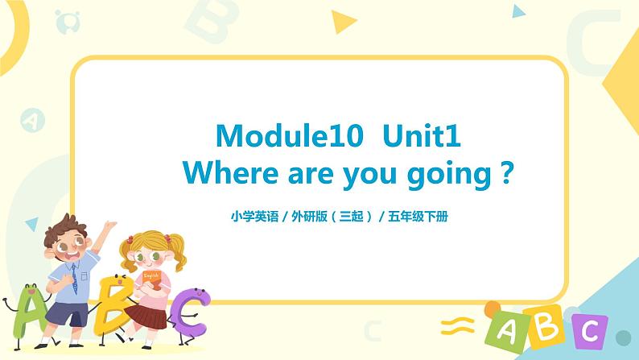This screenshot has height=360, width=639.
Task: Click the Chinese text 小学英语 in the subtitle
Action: click(249, 216)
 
